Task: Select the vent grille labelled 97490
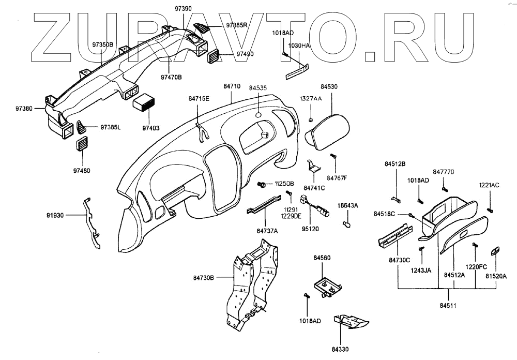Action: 213,55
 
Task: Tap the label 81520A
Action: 496,276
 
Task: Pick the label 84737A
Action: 267,231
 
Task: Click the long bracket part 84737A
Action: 264,205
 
